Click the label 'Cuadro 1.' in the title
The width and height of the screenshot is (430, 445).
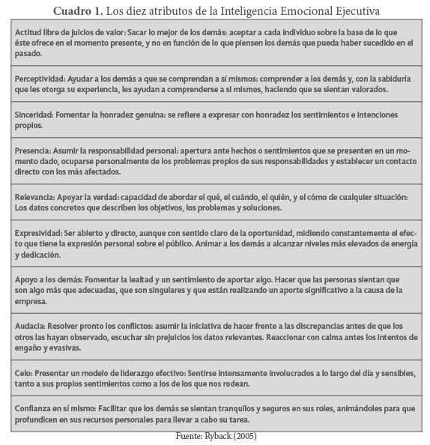[76, 11]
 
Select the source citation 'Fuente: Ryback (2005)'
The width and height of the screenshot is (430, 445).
[214, 436]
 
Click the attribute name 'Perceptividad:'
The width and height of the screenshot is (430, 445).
[39, 78]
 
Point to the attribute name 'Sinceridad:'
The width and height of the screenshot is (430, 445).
[34, 115]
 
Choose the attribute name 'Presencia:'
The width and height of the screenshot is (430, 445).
[33, 151]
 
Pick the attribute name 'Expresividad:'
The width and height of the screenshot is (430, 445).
[39, 233]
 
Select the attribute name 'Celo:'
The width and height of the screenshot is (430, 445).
[23, 372]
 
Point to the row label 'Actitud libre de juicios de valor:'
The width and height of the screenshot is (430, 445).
[73, 32]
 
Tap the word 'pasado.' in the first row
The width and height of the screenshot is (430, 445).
[29, 55]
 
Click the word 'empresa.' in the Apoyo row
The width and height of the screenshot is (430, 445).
[32, 302]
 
